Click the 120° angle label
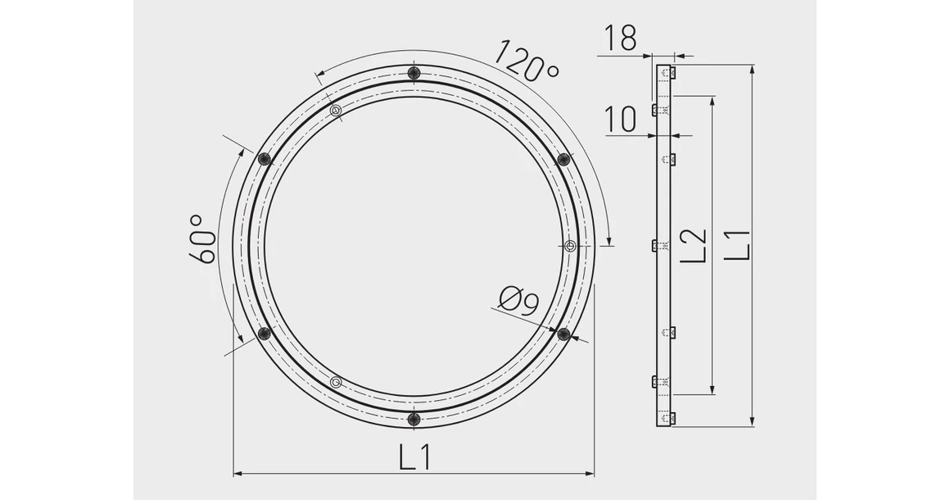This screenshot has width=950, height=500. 526,61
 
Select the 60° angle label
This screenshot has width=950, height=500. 202,239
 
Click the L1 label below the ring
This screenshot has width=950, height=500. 415,457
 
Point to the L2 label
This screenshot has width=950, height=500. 694,245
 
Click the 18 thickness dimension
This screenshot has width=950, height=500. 620,38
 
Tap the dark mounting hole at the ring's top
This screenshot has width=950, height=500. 414,73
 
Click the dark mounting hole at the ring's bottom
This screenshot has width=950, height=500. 414,419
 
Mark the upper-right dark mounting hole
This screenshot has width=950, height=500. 563,159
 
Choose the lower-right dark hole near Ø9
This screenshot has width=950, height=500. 563,333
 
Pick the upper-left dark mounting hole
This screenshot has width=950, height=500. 264,159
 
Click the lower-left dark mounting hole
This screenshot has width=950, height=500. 264,333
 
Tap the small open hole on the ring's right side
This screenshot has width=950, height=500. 571,245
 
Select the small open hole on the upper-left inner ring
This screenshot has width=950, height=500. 335,111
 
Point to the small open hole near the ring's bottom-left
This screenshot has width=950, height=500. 335,382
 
